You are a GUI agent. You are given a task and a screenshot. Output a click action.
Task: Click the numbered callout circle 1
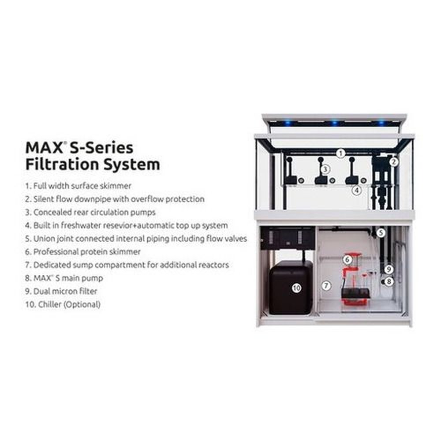point(340,153)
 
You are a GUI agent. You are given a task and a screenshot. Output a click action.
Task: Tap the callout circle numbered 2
point(394,162)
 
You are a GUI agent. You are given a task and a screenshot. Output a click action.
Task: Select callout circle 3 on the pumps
point(325,169)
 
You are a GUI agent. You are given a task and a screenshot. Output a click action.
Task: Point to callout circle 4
point(356,190)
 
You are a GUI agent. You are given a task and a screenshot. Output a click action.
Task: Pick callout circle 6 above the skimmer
point(348,260)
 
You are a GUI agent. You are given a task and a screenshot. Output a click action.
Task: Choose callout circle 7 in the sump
point(326,285)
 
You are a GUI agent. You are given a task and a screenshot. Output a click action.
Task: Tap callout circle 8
point(389,280)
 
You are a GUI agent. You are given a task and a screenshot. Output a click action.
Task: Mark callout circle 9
point(389,268)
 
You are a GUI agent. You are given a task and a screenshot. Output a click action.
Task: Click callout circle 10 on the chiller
point(296,288)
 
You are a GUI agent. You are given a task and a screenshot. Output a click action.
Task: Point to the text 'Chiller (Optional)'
point(66,304)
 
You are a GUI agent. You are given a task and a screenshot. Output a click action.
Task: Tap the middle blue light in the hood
point(335,122)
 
